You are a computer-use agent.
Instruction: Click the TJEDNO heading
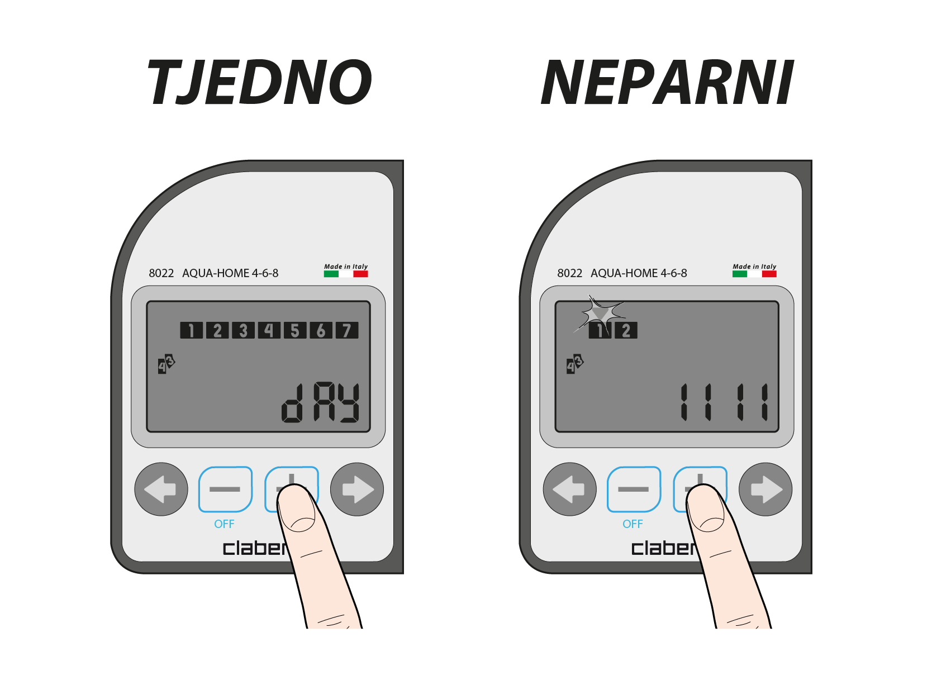click(x=259, y=82)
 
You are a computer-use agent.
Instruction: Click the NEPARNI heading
click(x=667, y=82)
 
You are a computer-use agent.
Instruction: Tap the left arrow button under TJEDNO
click(x=161, y=489)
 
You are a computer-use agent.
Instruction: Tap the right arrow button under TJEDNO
click(x=357, y=489)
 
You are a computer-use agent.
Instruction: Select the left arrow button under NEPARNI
click(x=569, y=489)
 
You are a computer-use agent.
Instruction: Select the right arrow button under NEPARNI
click(x=765, y=489)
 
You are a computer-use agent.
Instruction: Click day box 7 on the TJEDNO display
click(x=347, y=330)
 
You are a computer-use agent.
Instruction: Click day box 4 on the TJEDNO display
click(x=269, y=330)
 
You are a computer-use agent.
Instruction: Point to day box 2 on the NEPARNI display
click(x=626, y=330)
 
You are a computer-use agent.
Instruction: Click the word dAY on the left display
click(x=320, y=403)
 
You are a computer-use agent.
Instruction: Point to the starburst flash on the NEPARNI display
click(x=601, y=314)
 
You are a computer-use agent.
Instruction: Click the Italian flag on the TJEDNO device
click(x=346, y=274)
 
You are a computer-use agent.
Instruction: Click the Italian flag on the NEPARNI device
click(x=754, y=274)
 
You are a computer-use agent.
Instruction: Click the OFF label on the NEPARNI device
click(x=633, y=524)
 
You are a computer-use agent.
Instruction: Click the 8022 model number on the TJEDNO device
click(x=161, y=273)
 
